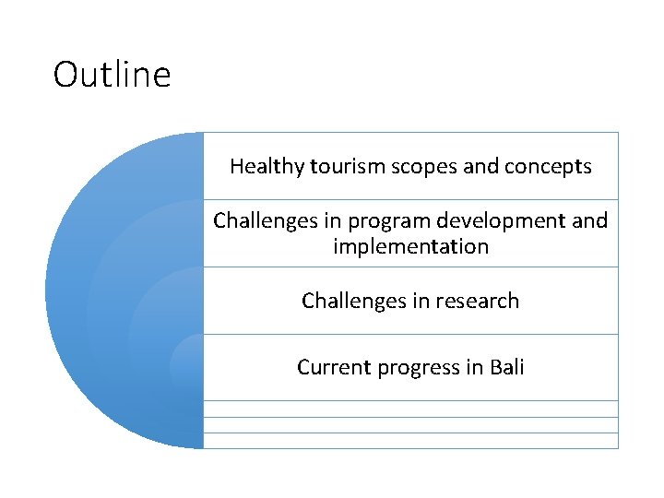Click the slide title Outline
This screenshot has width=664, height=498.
pyautogui.click(x=112, y=74)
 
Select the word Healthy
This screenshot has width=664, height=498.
pyautogui.click(x=267, y=167)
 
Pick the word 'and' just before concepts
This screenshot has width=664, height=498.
pyautogui.click(x=484, y=167)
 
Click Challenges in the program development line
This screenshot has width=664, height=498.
pyautogui.click(x=258, y=221)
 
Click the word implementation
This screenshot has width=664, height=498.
pyautogui.click(x=410, y=247)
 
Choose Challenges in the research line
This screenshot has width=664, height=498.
pyautogui.click(x=347, y=301)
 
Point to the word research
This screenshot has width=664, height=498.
pyautogui.click(x=479, y=301)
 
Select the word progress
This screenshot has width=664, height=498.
pyautogui.click(x=415, y=368)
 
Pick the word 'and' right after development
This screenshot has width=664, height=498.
pyautogui.click(x=590, y=221)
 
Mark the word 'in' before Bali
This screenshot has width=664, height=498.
pyautogui.click(x=474, y=367)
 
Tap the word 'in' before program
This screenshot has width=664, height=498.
pyautogui.click(x=319, y=221)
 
